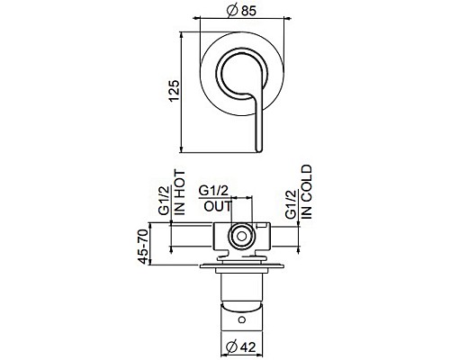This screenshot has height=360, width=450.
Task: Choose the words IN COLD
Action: point(307,189)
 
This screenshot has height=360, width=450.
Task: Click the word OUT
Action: point(216,206)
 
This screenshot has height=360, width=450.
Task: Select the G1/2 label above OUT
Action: point(214,191)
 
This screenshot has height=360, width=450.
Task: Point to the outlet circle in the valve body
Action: point(240,238)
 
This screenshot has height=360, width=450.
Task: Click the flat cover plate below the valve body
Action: point(240,266)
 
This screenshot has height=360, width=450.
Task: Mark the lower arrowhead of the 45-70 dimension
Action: point(162,265)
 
